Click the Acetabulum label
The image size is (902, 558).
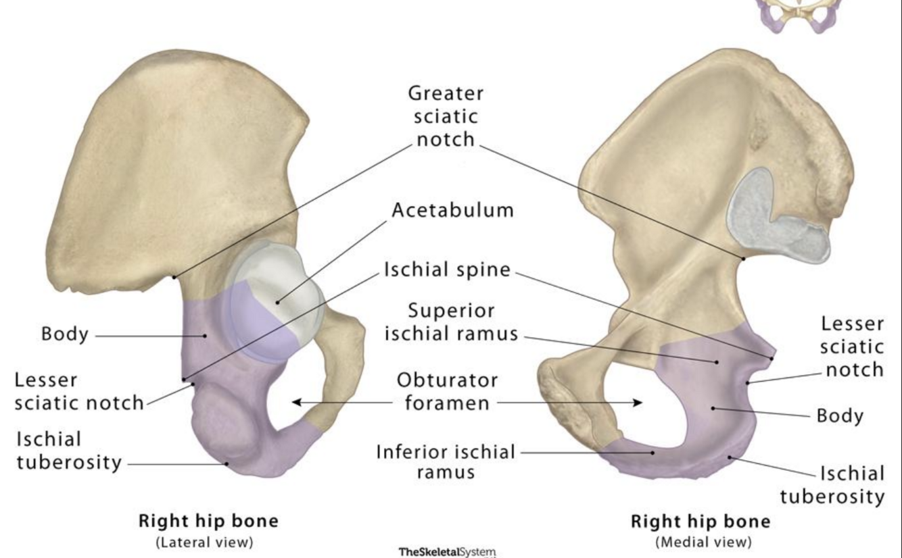click(x=452, y=210)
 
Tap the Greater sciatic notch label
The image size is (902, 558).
click(x=447, y=116)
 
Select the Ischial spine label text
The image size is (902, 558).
click(x=447, y=270)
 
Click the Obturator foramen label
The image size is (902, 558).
click(x=447, y=392)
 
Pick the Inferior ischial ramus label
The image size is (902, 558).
click(x=446, y=461)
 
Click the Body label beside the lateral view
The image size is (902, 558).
click(x=64, y=334)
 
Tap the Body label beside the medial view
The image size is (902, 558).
click(x=840, y=415)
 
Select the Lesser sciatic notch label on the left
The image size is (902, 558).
click(x=78, y=392)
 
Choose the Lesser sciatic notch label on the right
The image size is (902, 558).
click(x=851, y=347)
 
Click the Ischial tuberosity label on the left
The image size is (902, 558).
click(x=69, y=451)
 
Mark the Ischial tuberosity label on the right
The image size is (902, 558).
click(x=833, y=485)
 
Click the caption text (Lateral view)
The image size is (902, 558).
click(x=204, y=542)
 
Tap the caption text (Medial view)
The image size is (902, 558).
click(x=703, y=542)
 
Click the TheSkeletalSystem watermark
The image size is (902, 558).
click(x=447, y=552)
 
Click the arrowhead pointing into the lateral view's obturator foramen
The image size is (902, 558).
click(x=296, y=403)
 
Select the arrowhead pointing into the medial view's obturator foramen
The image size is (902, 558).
click(x=638, y=403)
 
